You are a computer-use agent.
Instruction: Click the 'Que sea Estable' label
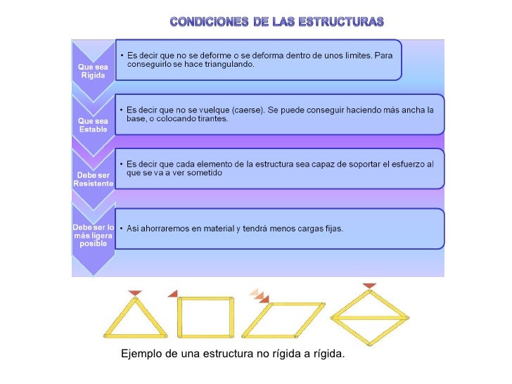pos(93,124)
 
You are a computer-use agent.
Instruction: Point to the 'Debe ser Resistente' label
pos(93,179)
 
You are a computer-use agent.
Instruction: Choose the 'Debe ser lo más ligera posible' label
pos(94,235)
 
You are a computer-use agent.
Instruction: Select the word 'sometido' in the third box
pos(203,173)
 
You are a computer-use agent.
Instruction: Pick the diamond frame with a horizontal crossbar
pos(369,317)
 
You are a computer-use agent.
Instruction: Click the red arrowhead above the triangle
pos(135,293)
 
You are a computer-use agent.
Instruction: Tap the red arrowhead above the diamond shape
pos(369,286)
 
